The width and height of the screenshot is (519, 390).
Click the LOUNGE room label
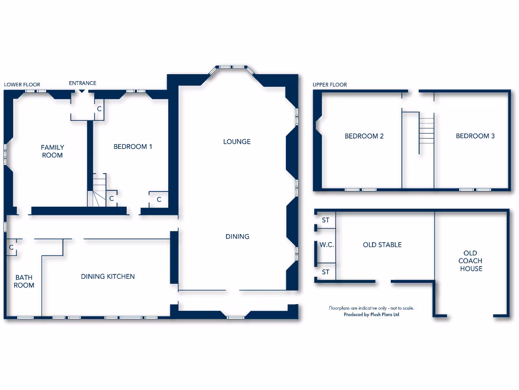237,142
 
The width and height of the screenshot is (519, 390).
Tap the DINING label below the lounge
237,237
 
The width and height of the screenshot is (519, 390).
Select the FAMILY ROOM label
52,151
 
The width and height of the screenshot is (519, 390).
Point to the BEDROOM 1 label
133,147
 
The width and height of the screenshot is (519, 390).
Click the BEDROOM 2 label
364,136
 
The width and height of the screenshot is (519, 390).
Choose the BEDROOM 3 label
475,136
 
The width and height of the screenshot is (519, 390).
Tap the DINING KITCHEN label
108,277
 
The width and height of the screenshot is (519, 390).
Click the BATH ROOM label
24,281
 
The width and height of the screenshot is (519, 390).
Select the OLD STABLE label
382,245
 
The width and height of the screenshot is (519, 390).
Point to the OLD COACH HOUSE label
471,261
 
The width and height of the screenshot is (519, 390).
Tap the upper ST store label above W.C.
325,220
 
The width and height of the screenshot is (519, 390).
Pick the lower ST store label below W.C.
325,272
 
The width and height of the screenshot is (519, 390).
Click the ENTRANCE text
83,83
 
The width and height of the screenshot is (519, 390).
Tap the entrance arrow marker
82,91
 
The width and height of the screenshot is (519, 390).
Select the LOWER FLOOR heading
22,85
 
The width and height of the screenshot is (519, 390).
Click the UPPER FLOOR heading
330,85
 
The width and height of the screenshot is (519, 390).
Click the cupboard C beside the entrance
99,109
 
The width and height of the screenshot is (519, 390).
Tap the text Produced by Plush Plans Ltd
372,315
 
